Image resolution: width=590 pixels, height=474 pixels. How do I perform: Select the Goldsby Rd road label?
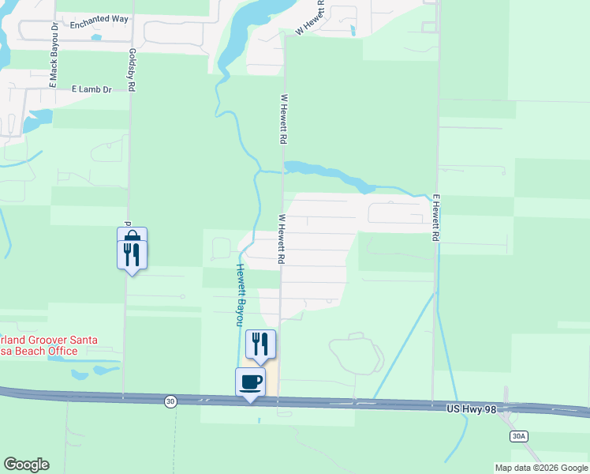click(x=132, y=70)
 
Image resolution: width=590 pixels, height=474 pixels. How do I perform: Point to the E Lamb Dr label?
click(x=91, y=89)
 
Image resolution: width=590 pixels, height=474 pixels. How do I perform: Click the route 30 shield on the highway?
click(x=170, y=402)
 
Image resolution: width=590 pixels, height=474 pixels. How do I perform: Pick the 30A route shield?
click(x=517, y=435)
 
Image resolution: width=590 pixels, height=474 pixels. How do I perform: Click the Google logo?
click(x=26, y=465)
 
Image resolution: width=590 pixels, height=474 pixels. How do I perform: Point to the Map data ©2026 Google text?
click(x=541, y=468)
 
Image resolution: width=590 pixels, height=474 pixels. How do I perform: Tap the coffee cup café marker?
click(x=251, y=382)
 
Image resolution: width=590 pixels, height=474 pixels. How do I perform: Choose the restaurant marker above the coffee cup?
click(x=260, y=344)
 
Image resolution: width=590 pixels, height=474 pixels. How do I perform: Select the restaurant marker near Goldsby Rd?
click(x=133, y=254)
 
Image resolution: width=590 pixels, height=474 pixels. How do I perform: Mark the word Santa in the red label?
click(x=83, y=340)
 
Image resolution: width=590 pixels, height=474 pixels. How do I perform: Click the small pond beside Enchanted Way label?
click(x=96, y=37)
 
